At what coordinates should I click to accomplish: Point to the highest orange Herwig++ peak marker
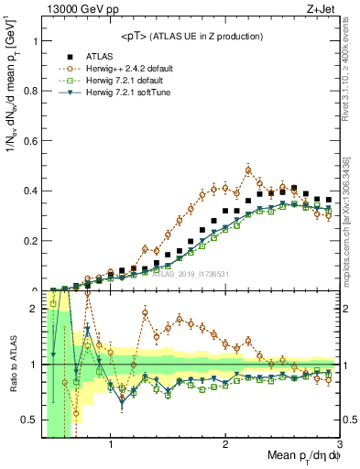[x=248, y=169]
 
